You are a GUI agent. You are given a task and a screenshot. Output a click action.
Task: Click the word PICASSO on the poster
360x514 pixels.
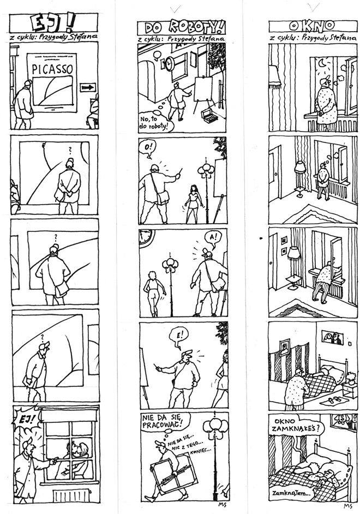tap(52, 69)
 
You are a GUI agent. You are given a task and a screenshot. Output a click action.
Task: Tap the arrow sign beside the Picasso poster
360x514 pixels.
tap(88, 87)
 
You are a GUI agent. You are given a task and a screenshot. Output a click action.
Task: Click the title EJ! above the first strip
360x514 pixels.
tap(53, 23)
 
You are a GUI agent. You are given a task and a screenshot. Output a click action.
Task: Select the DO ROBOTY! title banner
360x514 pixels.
tap(182, 28)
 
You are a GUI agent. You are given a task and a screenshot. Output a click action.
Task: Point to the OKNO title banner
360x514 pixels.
tap(313, 26)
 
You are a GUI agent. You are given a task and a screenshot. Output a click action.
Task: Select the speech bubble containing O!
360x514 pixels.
tap(148, 147)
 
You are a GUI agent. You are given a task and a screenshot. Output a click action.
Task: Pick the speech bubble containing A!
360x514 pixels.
tap(213, 237)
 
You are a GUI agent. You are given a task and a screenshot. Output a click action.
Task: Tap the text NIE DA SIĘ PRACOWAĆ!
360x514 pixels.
tap(162, 422)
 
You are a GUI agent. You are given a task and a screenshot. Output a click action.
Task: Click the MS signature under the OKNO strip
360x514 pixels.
tap(347, 506)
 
